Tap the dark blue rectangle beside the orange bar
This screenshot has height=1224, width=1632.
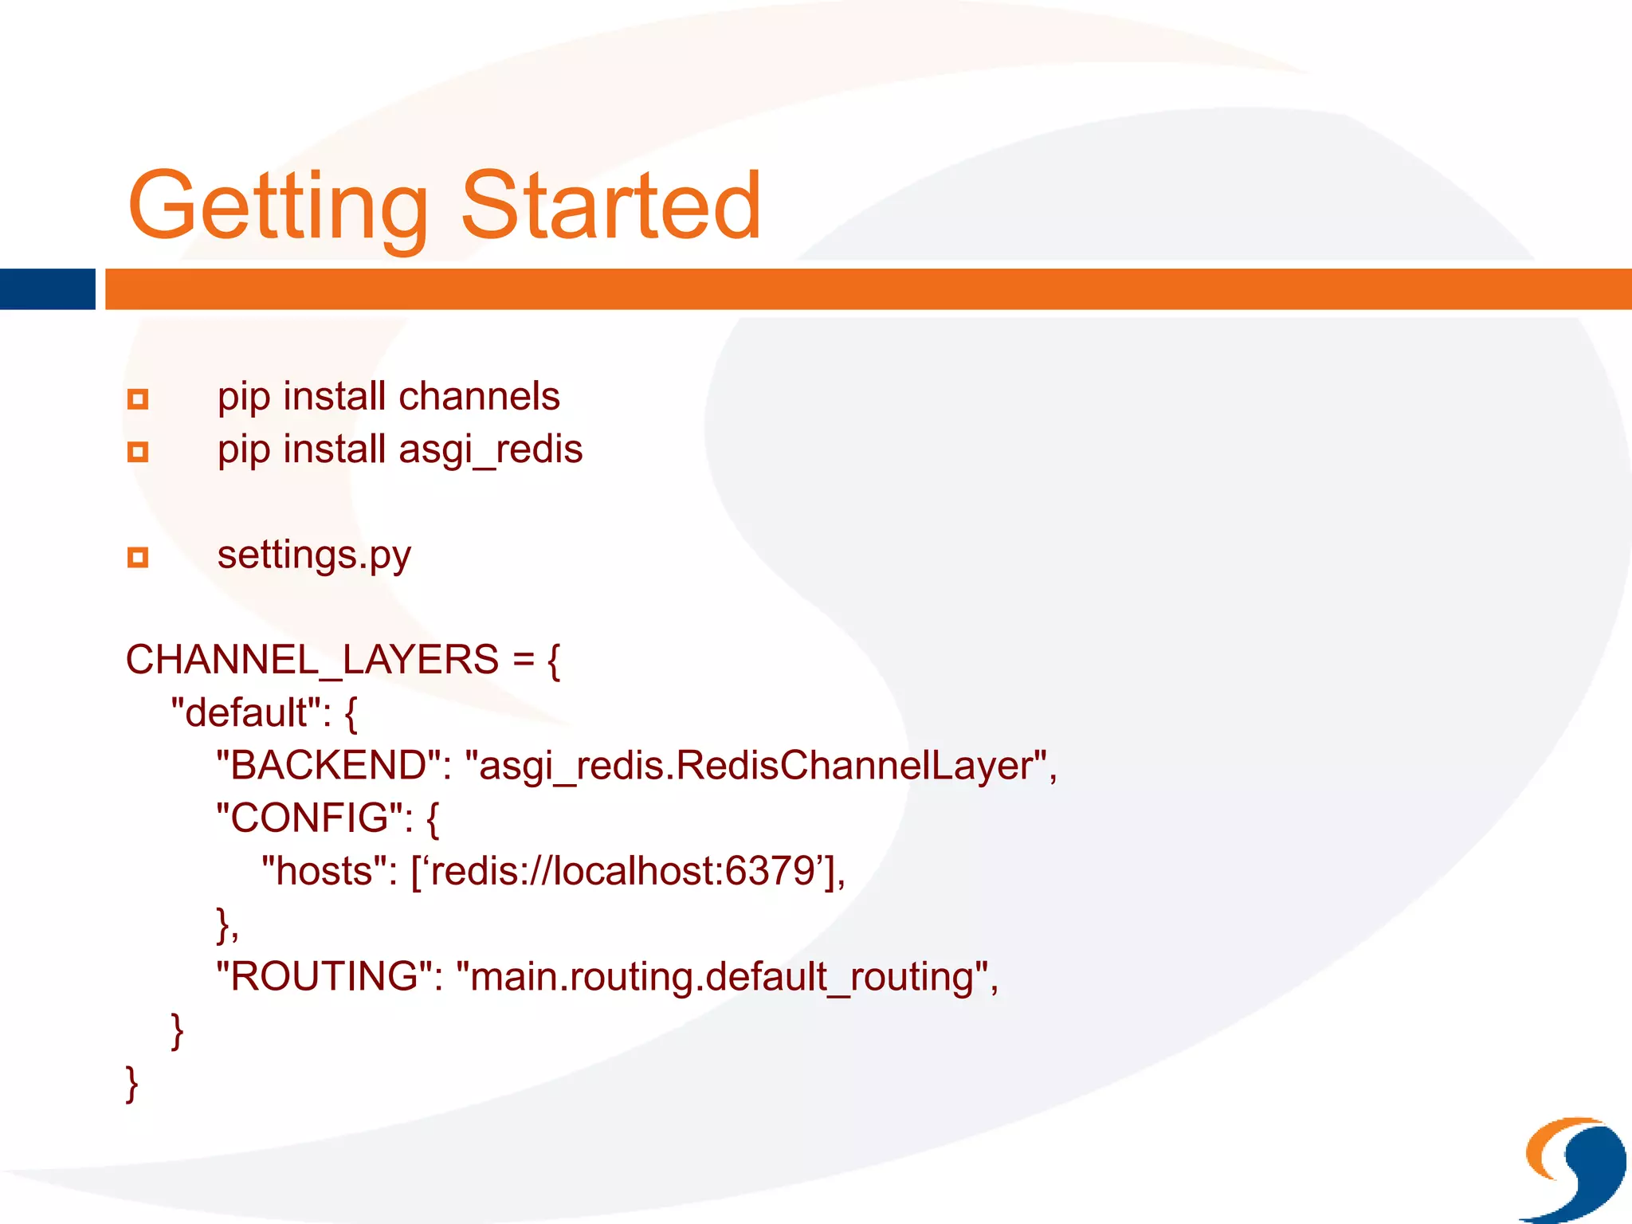click(x=47, y=288)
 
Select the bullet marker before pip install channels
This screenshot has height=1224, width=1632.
click(x=138, y=398)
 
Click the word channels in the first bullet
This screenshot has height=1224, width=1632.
click(x=479, y=397)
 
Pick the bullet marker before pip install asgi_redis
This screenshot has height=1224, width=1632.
click(x=138, y=452)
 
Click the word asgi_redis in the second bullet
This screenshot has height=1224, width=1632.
click(x=490, y=449)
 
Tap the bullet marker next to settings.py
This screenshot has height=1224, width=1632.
click(x=138, y=557)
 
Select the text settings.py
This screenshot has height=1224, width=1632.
click(x=314, y=555)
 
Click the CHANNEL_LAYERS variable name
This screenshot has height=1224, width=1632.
click(x=312, y=661)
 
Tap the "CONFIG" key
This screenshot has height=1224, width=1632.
click(x=314, y=818)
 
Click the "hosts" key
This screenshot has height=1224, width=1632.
click(x=329, y=871)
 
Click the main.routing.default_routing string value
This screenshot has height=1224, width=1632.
click(x=722, y=977)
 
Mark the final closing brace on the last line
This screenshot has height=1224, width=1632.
click(x=132, y=1084)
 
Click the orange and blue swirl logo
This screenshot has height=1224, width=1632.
click(x=1574, y=1167)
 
